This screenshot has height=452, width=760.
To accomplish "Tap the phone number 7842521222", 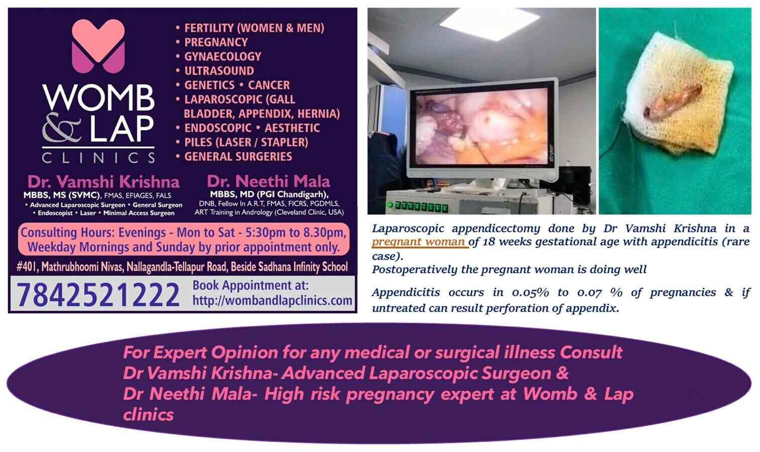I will click(98, 295).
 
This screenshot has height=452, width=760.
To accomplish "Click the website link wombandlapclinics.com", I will click(272, 300).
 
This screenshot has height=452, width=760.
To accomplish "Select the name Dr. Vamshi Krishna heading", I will click(103, 181).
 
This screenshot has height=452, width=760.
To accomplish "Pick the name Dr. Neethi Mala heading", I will click(269, 181).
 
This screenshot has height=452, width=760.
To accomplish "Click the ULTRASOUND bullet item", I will click(219, 71).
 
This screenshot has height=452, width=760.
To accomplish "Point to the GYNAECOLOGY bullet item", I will click(223, 56).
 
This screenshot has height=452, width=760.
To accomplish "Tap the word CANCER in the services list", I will click(269, 85).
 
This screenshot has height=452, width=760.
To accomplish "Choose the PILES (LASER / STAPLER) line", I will click(246, 142).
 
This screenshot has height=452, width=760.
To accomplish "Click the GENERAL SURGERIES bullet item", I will click(238, 156).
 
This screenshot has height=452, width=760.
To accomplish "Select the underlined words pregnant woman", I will click(418, 242).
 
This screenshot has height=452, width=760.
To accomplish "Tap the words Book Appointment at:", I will click(250, 285).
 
